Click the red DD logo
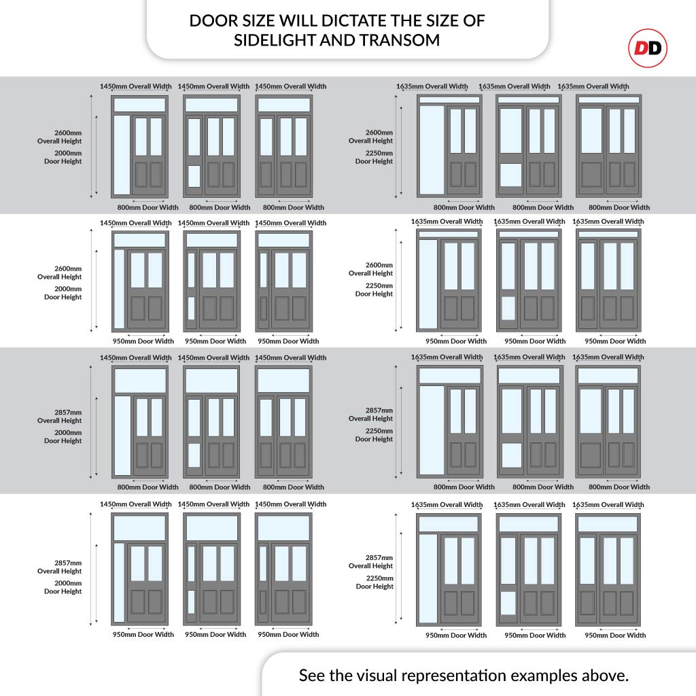[x=647, y=48]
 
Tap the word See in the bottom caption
[x=315, y=676]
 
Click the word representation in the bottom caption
[x=454, y=676]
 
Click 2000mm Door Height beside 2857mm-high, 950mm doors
[x=63, y=587]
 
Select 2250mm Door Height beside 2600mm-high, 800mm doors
[x=374, y=157]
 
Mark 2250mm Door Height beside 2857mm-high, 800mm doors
[x=374, y=435]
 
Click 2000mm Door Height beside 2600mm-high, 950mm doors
[x=63, y=293]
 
